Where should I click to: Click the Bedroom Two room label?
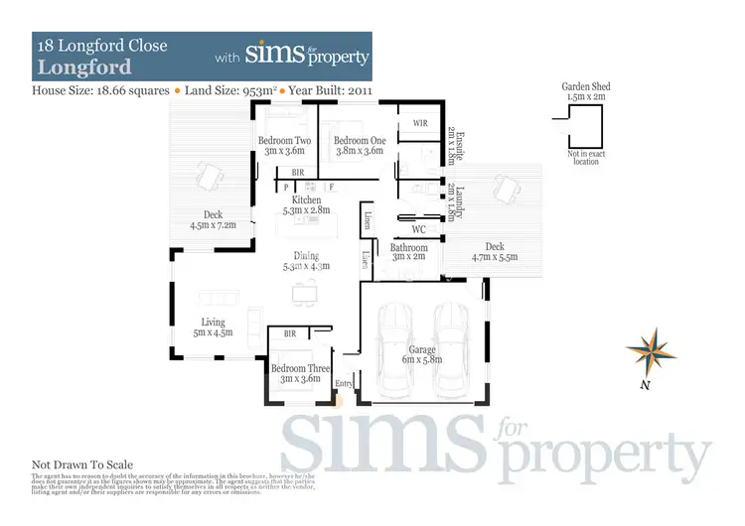tap(284, 146)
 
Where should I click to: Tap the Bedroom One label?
tap(359, 146)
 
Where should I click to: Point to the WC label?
tap(418, 229)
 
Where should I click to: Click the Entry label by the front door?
tap(344, 383)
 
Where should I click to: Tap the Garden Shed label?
tap(586, 92)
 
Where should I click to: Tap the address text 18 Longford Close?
tap(101, 45)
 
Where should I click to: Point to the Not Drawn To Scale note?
tap(82, 463)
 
